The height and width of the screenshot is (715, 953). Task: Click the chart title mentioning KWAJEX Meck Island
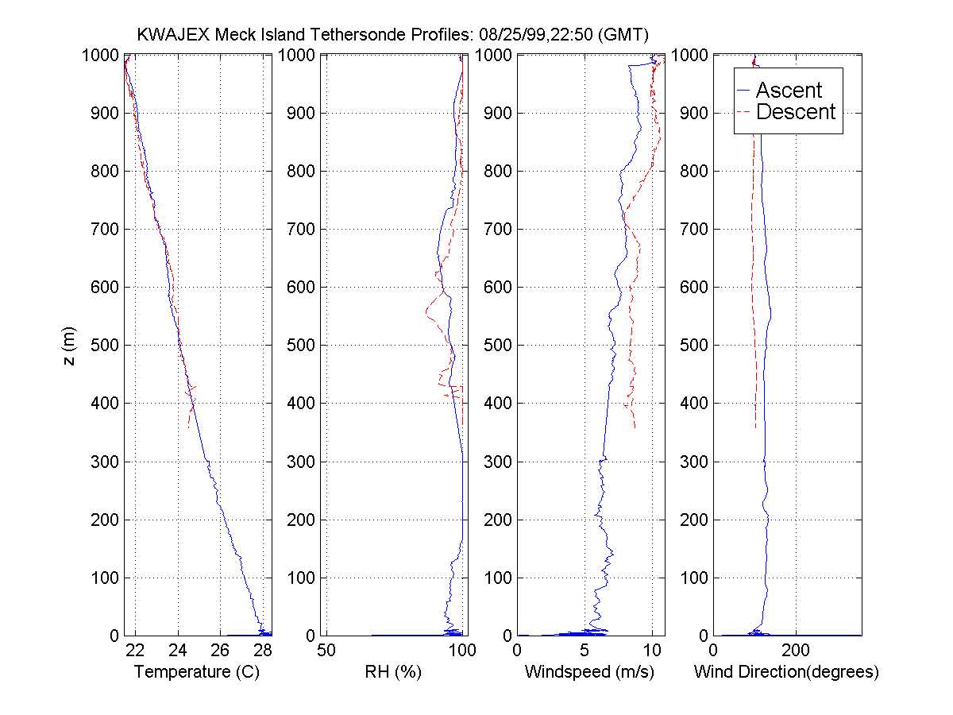(393, 34)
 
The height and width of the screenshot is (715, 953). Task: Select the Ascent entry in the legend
(788, 91)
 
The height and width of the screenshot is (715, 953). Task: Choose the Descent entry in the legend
(795, 112)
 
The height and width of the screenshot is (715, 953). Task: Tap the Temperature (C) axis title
(197, 672)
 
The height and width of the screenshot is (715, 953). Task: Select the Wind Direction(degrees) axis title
(786, 672)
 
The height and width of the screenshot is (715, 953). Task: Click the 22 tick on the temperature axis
(135, 650)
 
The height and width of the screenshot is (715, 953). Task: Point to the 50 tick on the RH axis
(326, 650)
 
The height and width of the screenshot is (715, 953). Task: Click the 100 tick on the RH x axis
(462, 650)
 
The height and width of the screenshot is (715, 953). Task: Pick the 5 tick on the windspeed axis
(585, 650)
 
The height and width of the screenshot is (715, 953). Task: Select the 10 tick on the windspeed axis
(651, 650)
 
